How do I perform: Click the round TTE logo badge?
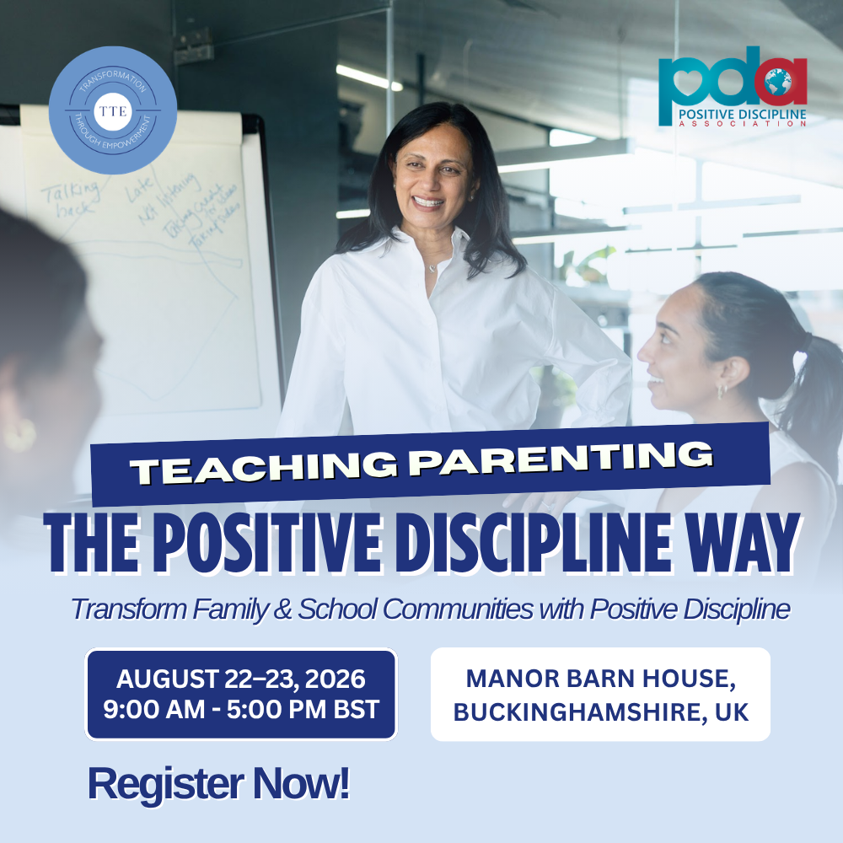click(x=113, y=110)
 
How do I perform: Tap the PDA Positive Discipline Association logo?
click(x=733, y=92)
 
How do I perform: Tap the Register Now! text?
click(x=218, y=784)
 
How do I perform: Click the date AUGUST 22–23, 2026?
click(x=241, y=679)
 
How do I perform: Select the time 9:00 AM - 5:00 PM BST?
click(x=241, y=708)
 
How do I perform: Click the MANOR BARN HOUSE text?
click(x=600, y=678)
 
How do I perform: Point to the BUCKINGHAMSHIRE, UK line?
click(x=600, y=711)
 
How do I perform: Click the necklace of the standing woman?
click(x=432, y=268)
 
